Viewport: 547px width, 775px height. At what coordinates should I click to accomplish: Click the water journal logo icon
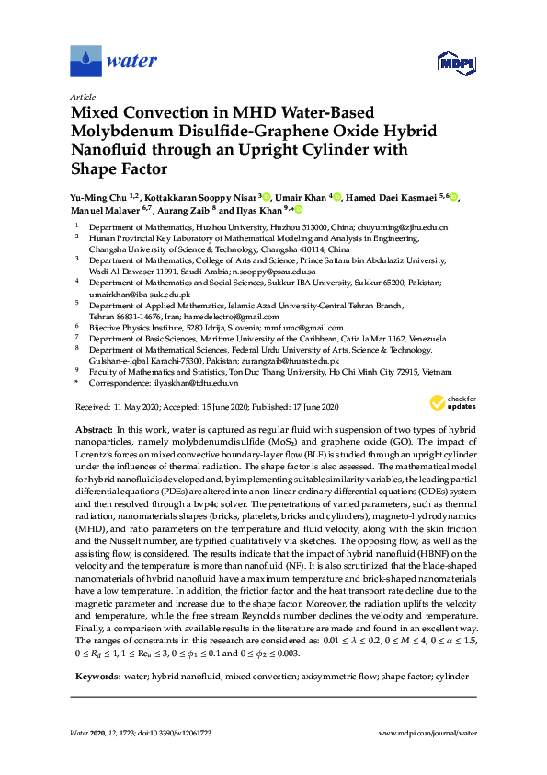click(x=85, y=62)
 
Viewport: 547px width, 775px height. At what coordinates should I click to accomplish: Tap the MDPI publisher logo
click(x=451, y=64)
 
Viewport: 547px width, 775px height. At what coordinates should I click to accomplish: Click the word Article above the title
click(x=82, y=96)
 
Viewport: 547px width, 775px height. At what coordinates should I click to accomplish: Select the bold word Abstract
click(x=93, y=430)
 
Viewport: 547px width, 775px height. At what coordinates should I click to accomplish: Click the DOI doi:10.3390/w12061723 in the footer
click(x=178, y=735)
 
